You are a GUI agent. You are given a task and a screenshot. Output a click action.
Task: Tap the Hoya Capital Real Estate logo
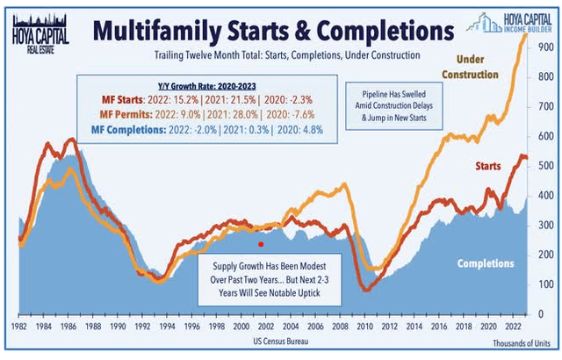(x=32, y=27)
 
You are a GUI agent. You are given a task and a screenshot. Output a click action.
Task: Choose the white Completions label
(x=486, y=263)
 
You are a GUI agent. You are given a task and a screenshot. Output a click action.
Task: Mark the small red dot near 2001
(x=260, y=243)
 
